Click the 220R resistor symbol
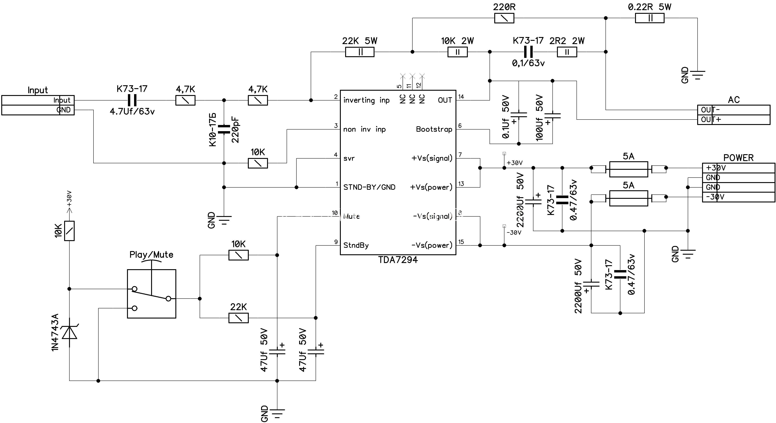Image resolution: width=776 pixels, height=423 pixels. click(504, 18)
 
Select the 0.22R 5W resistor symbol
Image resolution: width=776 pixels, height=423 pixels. click(650, 18)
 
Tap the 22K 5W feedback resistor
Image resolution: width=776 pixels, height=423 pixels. click(359, 52)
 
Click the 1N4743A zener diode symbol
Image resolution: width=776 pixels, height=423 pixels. click(69, 332)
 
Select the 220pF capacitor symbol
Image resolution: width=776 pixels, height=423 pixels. click(224, 129)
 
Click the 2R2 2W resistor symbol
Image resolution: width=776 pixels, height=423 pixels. click(567, 52)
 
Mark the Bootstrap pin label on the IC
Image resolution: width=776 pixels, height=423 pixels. click(434, 129)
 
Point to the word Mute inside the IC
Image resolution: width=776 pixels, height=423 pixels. click(351, 216)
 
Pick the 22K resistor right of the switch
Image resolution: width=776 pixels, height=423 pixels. click(239, 318)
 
